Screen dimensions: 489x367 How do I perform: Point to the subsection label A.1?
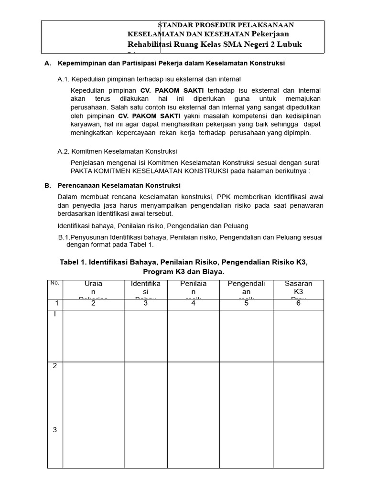click(x=64, y=79)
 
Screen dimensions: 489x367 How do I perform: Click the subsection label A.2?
click(x=64, y=151)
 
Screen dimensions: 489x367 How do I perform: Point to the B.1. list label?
click(x=65, y=237)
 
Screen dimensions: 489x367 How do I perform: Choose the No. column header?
click(x=54, y=283)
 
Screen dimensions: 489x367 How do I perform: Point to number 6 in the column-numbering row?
click(x=298, y=303)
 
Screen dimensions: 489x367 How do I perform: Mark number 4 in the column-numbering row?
click(x=193, y=303)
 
